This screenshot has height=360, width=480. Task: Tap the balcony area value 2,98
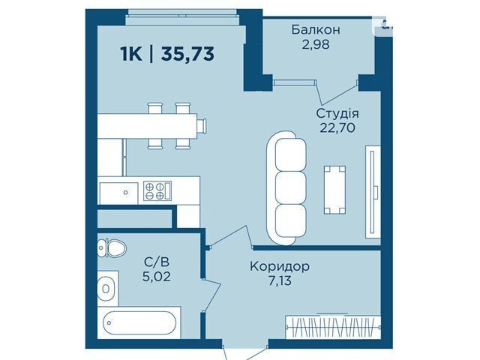316,45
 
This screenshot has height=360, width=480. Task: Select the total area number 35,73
187,54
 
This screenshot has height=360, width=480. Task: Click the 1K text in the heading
131,55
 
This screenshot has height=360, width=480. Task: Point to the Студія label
337,113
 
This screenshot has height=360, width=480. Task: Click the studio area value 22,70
337,127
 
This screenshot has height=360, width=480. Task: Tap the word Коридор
280,267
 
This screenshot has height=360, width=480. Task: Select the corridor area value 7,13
280,280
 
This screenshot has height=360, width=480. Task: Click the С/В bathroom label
157,262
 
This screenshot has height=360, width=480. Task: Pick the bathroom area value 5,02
157,277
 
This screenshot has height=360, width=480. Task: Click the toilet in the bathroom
112,248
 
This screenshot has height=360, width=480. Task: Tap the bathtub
139,322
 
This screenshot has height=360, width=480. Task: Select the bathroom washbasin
106,289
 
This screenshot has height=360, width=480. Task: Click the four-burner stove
157,190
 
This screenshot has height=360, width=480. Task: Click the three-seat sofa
286,188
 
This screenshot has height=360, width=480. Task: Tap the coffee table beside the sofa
335,190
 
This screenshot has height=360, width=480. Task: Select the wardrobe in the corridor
333,327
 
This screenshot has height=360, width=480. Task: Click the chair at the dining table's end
202,126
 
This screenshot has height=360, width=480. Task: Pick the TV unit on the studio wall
373,192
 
